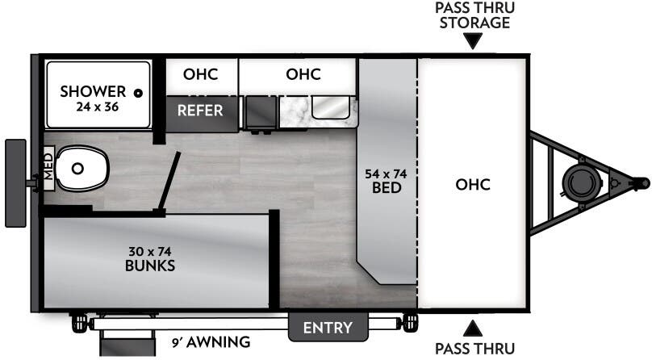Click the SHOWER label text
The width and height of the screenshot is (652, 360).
pyautogui.click(x=93, y=91)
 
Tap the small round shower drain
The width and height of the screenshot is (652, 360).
pyautogui.click(x=139, y=93)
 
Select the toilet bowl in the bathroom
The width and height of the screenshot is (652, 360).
pyautogui.click(x=81, y=168)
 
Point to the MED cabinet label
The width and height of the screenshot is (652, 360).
pyautogui.click(x=48, y=168)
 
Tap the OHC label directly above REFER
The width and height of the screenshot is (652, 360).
pyautogui.click(x=200, y=74)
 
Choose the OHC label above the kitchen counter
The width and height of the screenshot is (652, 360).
pyautogui.click(x=303, y=74)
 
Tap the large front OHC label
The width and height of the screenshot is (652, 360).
pyautogui.click(x=473, y=183)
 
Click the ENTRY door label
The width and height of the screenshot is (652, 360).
pyautogui.click(x=328, y=328)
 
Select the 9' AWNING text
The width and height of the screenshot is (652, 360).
pyautogui.click(x=210, y=341)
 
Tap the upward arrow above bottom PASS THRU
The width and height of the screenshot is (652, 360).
pyautogui.click(x=473, y=328)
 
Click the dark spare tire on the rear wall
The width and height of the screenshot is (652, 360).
pyautogui.click(x=15, y=183)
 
